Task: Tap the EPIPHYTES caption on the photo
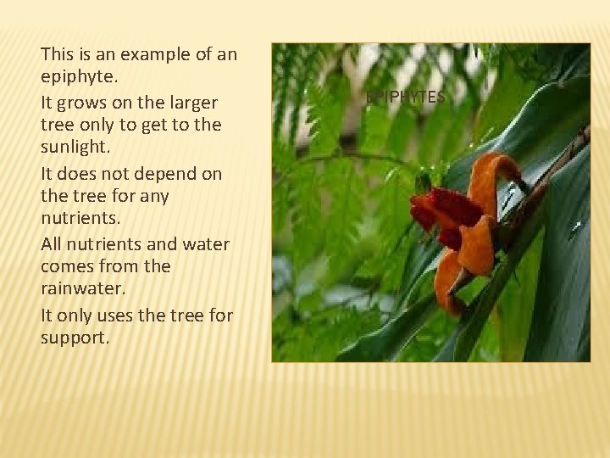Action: point(405,98)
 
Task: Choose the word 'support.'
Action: point(74,338)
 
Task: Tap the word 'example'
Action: point(148,56)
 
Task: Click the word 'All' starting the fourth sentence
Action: point(53,244)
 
